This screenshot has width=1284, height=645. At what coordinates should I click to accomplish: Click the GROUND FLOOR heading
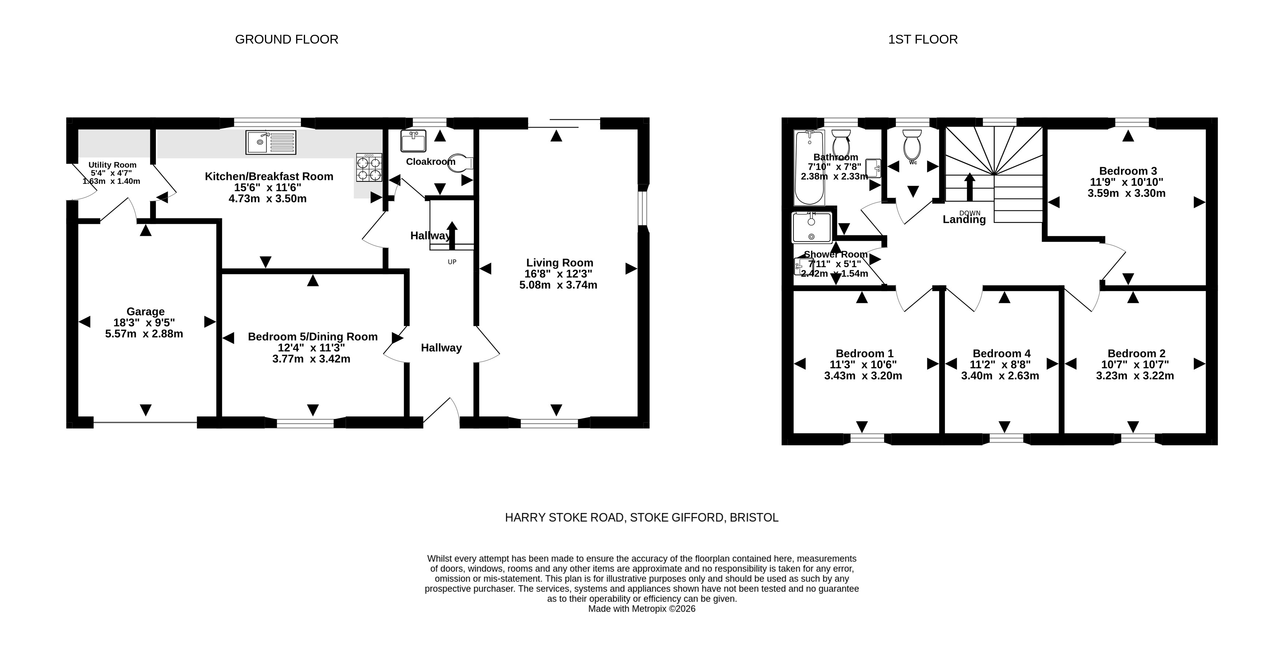(x=287, y=40)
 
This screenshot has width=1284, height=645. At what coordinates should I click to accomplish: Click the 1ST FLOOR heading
(x=923, y=40)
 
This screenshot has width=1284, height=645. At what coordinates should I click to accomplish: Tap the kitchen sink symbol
(x=271, y=142)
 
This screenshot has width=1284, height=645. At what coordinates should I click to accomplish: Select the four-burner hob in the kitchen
(x=369, y=167)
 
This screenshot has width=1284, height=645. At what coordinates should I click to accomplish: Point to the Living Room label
(x=560, y=263)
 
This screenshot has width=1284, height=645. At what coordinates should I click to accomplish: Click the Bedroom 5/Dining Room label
(x=313, y=337)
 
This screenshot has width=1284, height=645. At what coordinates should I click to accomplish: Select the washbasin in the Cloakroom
(x=414, y=141)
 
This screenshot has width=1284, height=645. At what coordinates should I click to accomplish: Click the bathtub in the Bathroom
(x=809, y=167)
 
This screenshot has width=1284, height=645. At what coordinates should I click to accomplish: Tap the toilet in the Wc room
(x=913, y=144)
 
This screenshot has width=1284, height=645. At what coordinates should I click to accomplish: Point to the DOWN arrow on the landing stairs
(x=969, y=187)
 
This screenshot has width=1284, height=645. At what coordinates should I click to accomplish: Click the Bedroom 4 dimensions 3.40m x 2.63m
(x=1000, y=376)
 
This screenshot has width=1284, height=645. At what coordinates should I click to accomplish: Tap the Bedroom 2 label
(x=1136, y=354)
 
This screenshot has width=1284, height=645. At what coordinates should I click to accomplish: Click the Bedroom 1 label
(x=865, y=354)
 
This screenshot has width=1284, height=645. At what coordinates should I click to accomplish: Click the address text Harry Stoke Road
(x=565, y=518)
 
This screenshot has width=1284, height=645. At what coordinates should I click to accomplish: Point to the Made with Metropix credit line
(x=641, y=609)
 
